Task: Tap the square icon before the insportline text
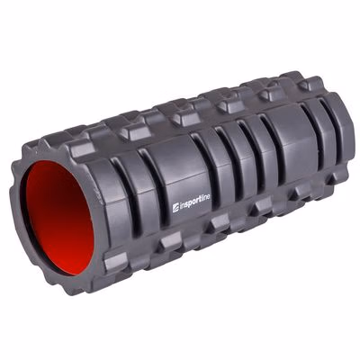(175, 208)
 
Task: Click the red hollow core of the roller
(61, 219)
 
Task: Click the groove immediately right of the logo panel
(204, 165)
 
